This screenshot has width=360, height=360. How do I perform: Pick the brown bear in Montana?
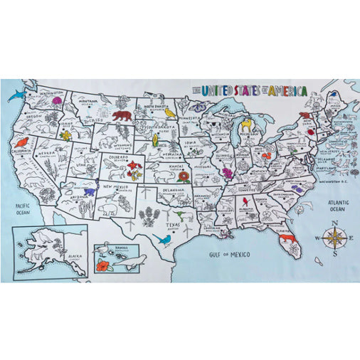[122, 115]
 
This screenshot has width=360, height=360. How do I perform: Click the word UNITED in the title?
[218, 90]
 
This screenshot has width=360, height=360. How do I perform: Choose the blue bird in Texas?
[164, 240]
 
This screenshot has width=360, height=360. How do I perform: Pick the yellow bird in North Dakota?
[170, 112]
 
